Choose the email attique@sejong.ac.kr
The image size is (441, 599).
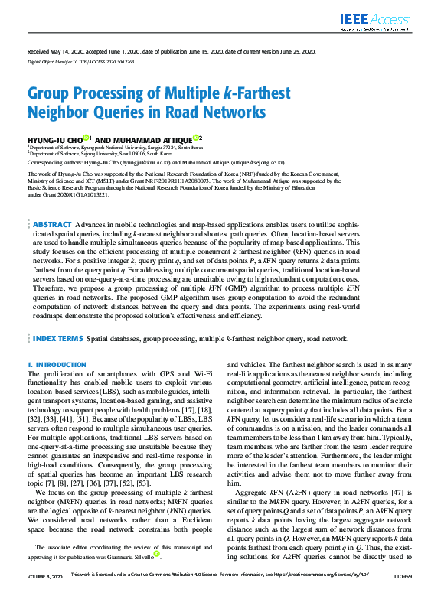point(258,163)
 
